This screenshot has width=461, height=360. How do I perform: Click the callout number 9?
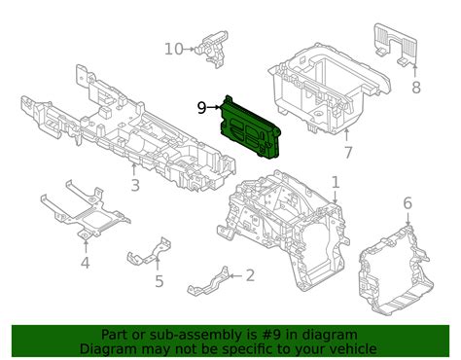coord(201,108)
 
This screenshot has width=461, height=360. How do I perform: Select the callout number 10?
coord(174,50)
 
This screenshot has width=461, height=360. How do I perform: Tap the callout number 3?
coord(135,185)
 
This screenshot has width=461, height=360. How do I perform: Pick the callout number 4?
coord(85,263)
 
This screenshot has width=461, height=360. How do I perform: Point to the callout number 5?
coord(159,281)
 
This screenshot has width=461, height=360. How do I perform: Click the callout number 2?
coord(250,275)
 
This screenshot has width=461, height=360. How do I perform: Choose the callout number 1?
coord(336,182)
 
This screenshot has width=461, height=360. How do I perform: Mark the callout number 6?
coord(408,203)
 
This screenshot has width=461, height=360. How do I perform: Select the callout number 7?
coord(347,153)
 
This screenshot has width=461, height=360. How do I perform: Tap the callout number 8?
coord(416,88)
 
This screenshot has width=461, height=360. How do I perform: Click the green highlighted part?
coord(250,128)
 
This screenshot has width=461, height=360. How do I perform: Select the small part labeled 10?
coord(213,48)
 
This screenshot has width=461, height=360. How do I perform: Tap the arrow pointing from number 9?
coord(214,107)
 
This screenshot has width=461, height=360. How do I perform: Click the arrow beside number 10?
coord(190,50)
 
